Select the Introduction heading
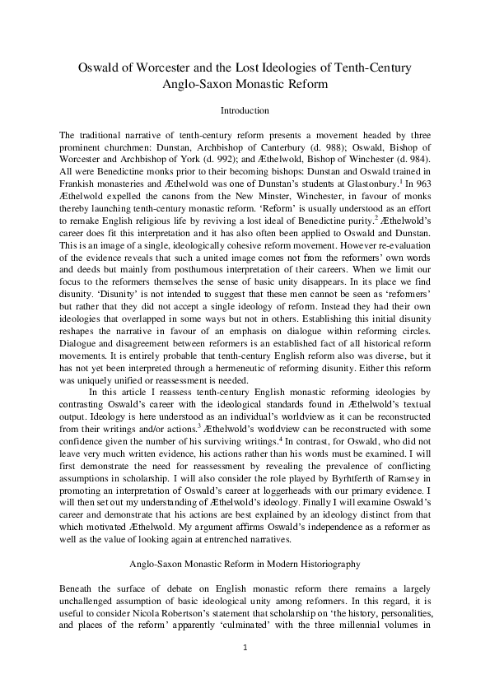point(245,109)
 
